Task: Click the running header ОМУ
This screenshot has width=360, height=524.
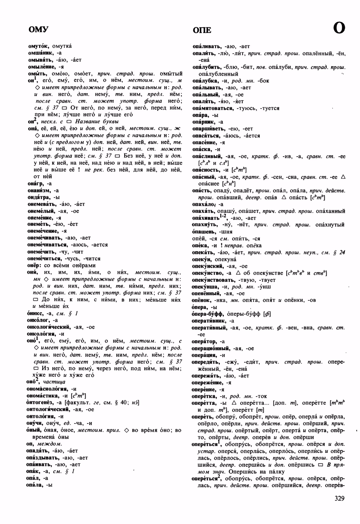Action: [x=38, y=30]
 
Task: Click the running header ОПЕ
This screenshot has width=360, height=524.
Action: [x=202, y=30]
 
